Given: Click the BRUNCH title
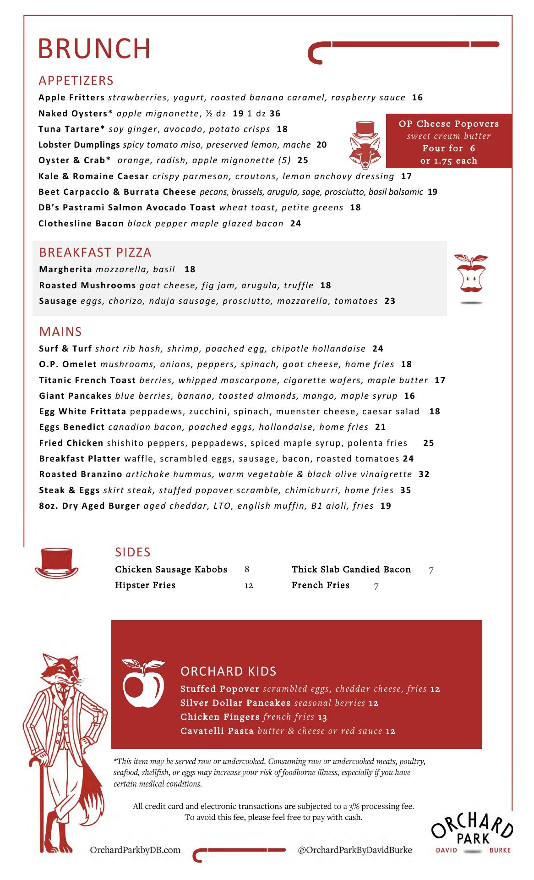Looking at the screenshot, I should (x=94, y=49).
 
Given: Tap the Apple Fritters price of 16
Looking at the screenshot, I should (x=417, y=98).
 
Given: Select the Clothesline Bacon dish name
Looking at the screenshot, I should (x=81, y=224).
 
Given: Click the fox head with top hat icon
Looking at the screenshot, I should (x=363, y=143).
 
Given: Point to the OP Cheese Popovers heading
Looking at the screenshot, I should (x=449, y=124).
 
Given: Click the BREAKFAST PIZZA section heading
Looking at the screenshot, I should (x=95, y=253).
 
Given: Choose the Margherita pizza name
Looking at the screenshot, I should (x=65, y=269).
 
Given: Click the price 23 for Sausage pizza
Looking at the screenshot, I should (x=390, y=301).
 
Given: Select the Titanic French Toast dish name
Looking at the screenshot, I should (x=87, y=380).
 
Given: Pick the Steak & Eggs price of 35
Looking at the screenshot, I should (x=405, y=490).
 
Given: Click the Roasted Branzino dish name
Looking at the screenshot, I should (x=81, y=474).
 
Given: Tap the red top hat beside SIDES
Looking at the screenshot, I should (x=57, y=562).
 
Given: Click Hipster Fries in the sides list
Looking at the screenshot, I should (x=145, y=585).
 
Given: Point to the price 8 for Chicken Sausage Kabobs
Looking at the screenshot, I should (x=247, y=570).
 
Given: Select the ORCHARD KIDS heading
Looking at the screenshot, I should (x=229, y=671).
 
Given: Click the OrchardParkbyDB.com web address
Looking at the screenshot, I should (x=135, y=850).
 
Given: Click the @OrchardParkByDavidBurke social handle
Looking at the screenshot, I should (x=354, y=850).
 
